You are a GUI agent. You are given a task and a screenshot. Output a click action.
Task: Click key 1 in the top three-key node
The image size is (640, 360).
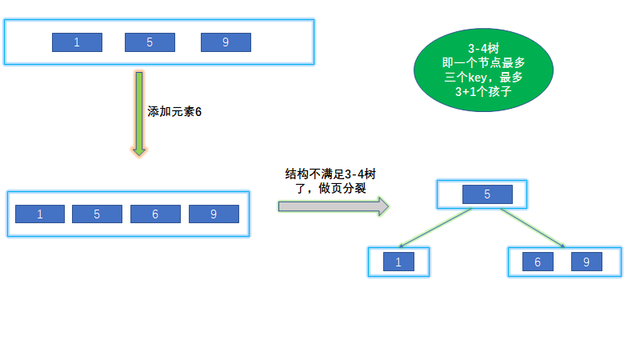[x=77, y=42]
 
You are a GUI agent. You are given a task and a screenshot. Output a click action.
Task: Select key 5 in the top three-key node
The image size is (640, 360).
[x=150, y=42]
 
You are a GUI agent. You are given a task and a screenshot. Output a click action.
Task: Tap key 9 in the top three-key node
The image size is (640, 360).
[x=226, y=42]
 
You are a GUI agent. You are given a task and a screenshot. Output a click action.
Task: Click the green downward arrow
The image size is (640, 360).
[x=139, y=113]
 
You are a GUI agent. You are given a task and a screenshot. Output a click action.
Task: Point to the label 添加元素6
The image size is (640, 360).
[x=174, y=112]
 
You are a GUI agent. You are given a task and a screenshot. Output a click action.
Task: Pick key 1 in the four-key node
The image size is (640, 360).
[x=39, y=214]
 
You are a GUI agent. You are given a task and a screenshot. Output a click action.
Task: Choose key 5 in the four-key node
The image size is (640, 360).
[x=97, y=214]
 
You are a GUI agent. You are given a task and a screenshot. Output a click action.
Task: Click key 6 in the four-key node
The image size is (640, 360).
[x=155, y=214]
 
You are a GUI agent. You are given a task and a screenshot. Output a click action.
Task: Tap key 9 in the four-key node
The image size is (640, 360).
[x=214, y=214]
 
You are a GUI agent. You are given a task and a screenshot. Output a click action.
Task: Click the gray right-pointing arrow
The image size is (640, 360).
[x=333, y=206]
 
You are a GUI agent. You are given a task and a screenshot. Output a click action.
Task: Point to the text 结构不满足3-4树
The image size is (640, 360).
[x=330, y=174]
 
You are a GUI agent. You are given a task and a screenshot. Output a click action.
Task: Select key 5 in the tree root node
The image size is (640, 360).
[x=487, y=194]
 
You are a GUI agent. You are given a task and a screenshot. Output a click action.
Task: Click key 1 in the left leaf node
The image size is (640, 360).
[x=398, y=262]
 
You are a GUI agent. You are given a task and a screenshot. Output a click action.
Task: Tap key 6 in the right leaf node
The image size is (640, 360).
[x=538, y=262]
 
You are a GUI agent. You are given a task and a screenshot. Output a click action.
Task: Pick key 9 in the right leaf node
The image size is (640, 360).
[x=586, y=262]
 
